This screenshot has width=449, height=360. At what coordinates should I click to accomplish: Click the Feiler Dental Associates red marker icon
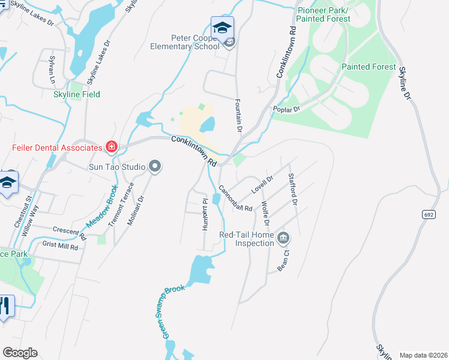tap(112, 147)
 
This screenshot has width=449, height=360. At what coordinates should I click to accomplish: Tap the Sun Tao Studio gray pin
tap(155, 166)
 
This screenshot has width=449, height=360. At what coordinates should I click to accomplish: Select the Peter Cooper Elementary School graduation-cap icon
tap(222, 28)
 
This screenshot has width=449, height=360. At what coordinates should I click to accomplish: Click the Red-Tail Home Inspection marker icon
tap(283, 239)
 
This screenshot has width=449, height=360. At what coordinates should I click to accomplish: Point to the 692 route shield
tap(428, 214)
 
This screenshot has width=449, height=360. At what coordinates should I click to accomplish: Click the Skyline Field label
tap(77, 94)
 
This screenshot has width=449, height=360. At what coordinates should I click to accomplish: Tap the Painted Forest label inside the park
tap(369, 67)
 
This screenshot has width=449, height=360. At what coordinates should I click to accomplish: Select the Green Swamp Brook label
tap(173, 310)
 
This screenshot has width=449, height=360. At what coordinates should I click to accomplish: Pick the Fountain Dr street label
tap(238, 115)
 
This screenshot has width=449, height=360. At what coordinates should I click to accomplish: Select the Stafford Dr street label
tap(292, 189)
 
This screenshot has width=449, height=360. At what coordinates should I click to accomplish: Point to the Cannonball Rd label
tap(235, 199)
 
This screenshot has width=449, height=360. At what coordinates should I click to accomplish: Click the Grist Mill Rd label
tap(60, 245)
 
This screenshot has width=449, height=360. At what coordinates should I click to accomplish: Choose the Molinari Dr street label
tap(136, 210)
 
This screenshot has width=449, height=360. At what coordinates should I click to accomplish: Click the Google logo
tap(20, 353)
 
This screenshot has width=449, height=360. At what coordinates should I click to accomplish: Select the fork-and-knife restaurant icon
tap(5, 307)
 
